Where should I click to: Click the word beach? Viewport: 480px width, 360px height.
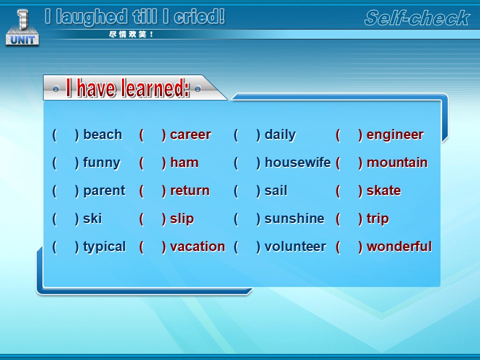pyautogui.click(x=102, y=134)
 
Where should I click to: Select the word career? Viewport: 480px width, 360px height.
pyautogui.click(x=190, y=134)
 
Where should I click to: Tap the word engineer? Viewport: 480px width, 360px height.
pyautogui.click(x=395, y=135)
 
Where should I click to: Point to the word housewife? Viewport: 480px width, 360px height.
pyautogui.click(x=297, y=162)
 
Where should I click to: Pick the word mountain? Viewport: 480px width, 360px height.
pyautogui.click(x=396, y=162)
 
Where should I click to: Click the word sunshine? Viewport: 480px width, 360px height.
pyautogui.click(x=294, y=218)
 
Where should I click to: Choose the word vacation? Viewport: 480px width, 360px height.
pyautogui.click(x=197, y=246)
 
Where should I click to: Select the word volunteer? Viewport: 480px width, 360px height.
pyautogui.click(x=295, y=246)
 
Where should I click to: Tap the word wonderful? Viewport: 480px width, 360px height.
pyautogui.click(x=399, y=246)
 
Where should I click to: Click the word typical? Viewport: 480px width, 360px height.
pyautogui.click(x=104, y=247)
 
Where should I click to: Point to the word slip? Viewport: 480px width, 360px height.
pyautogui.click(x=182, y=219)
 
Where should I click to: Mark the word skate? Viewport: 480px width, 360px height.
pyautogui.click(x=383, y=190)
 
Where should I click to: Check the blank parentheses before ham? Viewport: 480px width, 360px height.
pyautogui.click(x=152, y=163)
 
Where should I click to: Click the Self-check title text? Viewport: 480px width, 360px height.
pyautogui.click(x=417, y=18)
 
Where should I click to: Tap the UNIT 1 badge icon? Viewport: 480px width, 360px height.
pyautogui.click(x=22, y=28)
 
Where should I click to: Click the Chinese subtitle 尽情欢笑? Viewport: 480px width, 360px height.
pyautogui.click(x=131, y=34)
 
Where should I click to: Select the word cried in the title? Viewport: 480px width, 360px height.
pyautogui.click(x=199, y=16)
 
